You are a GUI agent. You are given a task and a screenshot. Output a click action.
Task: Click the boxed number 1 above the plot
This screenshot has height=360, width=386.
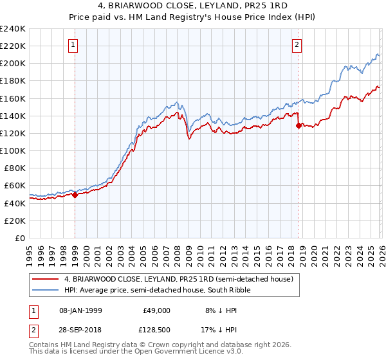point(73,45)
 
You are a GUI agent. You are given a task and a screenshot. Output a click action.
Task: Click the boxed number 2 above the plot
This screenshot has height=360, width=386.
point(297,45)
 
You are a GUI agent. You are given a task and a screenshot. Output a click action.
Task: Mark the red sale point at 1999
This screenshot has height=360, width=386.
point(75,195)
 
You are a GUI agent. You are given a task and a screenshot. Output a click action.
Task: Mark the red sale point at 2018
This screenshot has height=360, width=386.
point(299,126)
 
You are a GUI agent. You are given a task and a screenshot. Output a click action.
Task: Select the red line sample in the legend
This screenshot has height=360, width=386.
point(46,280)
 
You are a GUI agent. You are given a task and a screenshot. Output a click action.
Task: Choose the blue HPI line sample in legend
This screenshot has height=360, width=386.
point(46,291)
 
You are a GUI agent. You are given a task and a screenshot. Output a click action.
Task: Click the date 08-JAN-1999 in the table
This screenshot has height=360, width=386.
point(87,310)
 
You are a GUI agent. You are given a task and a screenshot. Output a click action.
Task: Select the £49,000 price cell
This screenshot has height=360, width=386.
point(156,310)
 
